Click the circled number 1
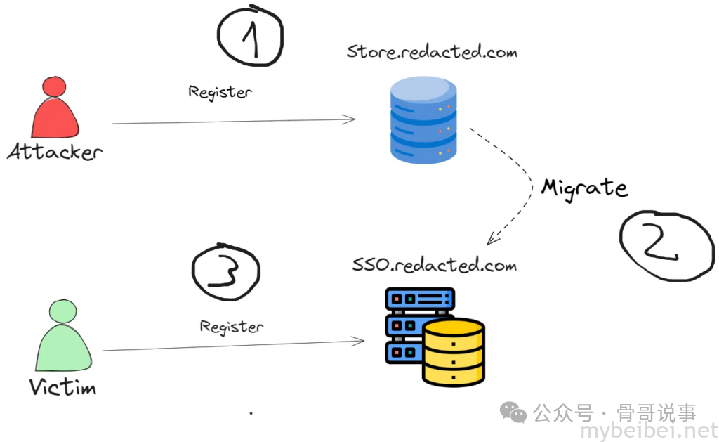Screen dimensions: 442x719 coord(251,36)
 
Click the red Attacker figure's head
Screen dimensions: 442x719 coord(54,89)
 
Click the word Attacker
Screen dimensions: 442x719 coord(55,151)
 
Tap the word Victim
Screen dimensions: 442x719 coord(63,386)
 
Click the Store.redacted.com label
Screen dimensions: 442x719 coord(431,52)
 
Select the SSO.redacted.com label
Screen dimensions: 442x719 coord(434,266)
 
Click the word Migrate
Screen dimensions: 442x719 coord(583,187)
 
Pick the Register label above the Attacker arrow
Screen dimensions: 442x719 coord(220,91)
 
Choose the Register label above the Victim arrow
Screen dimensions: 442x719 coord(232,327)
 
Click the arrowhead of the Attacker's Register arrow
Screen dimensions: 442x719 coord(351,119)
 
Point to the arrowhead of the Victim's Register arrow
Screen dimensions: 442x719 coord(360,342)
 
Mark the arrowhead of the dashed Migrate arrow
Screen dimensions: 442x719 coord(492,240)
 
